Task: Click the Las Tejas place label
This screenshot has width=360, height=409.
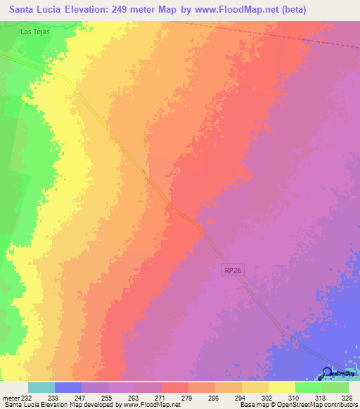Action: pyautogui.click(x=34, y=32)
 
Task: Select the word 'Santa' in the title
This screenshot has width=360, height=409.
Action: pyautogui.click(x=27, y=9)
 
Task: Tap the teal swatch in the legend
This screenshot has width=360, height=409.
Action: pyautogui.click(x=41, y=387)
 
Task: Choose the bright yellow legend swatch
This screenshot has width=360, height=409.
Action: pyautogui.click(x=281, y=387)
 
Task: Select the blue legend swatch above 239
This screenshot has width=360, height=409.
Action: pyautogui.click(x=67, y=387)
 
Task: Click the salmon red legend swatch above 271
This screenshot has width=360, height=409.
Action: pyautogui.click(x=174, y=387)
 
